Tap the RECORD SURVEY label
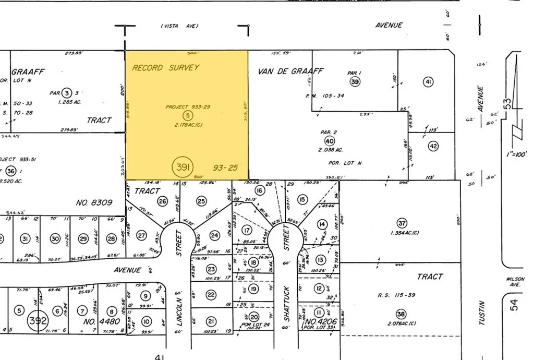165,68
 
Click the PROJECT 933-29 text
187,106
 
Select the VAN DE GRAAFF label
290,71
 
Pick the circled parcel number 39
355,81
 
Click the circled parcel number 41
429,81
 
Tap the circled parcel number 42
433,147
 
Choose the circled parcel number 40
329,141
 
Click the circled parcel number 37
401,223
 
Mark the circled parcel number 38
400,314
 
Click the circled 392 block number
38,319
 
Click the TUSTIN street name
482,312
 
